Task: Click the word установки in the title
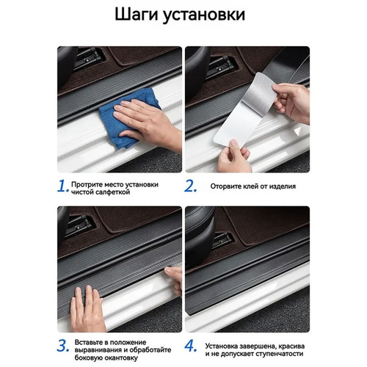click(204, 15)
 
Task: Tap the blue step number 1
click(63, 186)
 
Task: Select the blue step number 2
click(190, 186)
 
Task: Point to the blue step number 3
click(63, 346)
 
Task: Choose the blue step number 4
click(191, 346)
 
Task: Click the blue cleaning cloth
click(127, 117)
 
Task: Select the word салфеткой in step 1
click(113, 192)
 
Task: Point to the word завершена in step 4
click(255, 346)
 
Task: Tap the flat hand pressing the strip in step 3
click(87, 309)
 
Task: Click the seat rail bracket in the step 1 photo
click(90, 58)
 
